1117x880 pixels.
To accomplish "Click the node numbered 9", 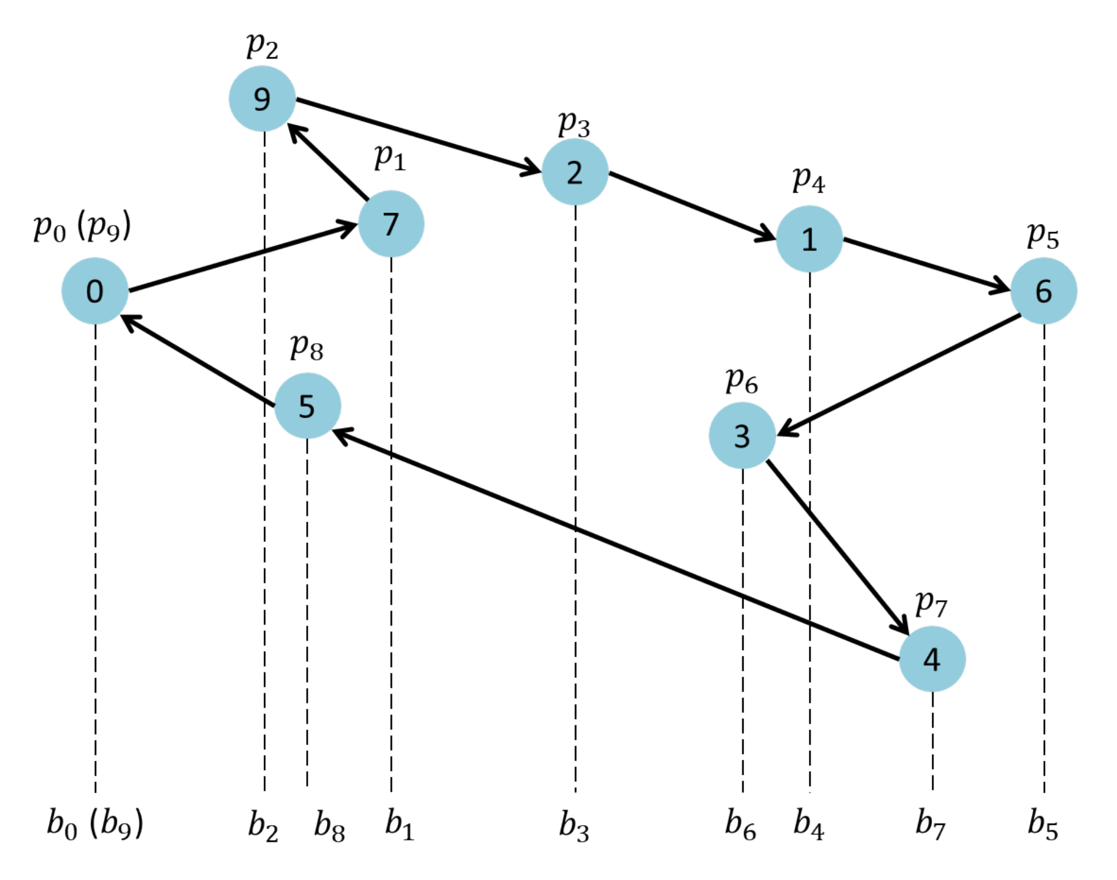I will pyautogui.click(x=262, y=99).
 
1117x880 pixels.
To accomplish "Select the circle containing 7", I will pyautogui.click(x=390, y=224).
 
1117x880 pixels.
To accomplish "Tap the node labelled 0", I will pyautogui.click(x=95, y=291).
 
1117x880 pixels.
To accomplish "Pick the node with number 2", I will pyautogui.click(x=575, y=172).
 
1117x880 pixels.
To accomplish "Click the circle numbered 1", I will pyautogui.click(x=809, y=239).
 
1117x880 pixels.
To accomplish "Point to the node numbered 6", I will pyautogui.click(x=1043, y=291).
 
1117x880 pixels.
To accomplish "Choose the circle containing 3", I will pyautogui.click(x=742, y=436).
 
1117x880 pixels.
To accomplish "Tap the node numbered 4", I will pyautogui.click(x=932, y=659).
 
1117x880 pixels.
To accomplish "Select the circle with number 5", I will pyautogui.click(x=307, y=406).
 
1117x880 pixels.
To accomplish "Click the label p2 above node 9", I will pyautogui.click(x=262, y=45).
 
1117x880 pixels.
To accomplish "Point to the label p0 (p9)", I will pyautogui.click(x=82, y=227).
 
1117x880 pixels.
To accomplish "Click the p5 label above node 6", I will pyautogui.click(x=1043, y=236).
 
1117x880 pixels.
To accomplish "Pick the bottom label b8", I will pyautogui.click(x=329, y=825).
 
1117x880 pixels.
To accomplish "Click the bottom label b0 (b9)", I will pyautogui.click(x=95, y=824).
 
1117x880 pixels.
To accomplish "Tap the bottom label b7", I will pyautogui.click(x=930, y=824).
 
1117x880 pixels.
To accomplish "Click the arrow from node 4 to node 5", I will pyautogui.click(x=614, y=544).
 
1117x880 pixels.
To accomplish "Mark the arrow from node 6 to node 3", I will pyautogui.click(x=898, y=376).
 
